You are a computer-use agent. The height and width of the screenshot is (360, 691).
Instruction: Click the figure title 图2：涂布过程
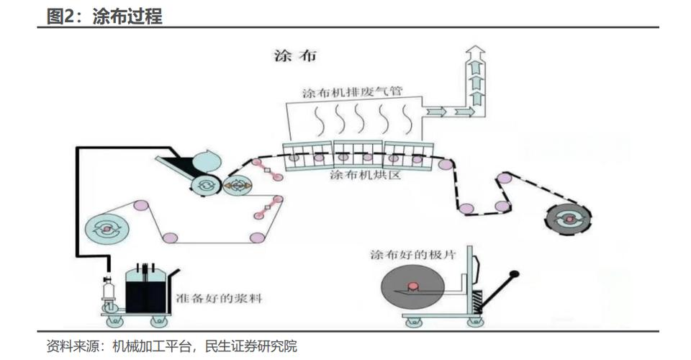tap(104, 16)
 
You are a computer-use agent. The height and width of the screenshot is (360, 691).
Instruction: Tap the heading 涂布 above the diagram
tap(296, 55)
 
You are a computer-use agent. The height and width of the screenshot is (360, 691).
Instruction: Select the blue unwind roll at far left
tap(107, 228)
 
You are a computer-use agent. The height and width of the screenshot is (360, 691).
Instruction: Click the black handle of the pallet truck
tap(513, 274)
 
